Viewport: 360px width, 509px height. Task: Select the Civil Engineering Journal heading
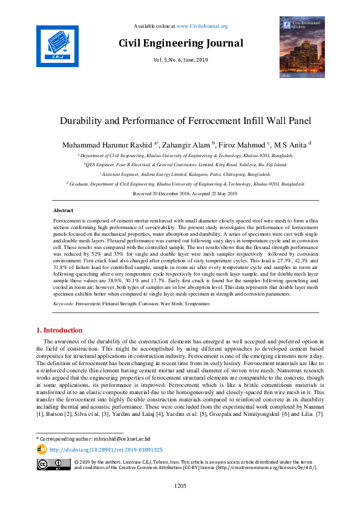(x=181, y=43)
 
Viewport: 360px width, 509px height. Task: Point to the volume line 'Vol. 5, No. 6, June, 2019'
(x=181, y=60)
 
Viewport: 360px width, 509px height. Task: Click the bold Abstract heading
(x=64, y=210)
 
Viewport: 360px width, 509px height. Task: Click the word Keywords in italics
(x=65, y=304)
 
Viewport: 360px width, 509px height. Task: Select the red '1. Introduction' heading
(x=60, y=330)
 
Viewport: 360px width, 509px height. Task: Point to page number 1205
(x=180, y=485)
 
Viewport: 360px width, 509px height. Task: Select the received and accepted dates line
(x=180, y=193)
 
